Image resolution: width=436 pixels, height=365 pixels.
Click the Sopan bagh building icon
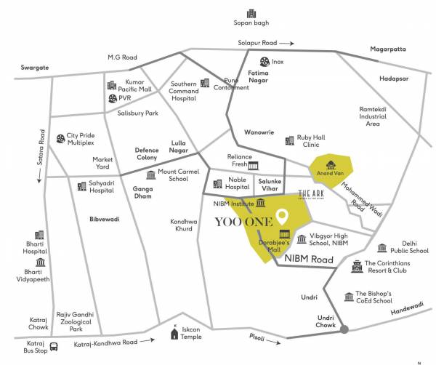click(x=251, y=14)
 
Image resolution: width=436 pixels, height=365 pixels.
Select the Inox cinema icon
click(x=267, y=63)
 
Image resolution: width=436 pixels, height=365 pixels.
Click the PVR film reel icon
click(x=112, y=99)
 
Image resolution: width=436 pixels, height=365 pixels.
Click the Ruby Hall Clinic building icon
click(x=288, y=138)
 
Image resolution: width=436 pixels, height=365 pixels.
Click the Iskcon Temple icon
click(x=174, y=334)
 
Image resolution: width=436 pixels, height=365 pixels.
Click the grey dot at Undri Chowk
click(x=344, y=330)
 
